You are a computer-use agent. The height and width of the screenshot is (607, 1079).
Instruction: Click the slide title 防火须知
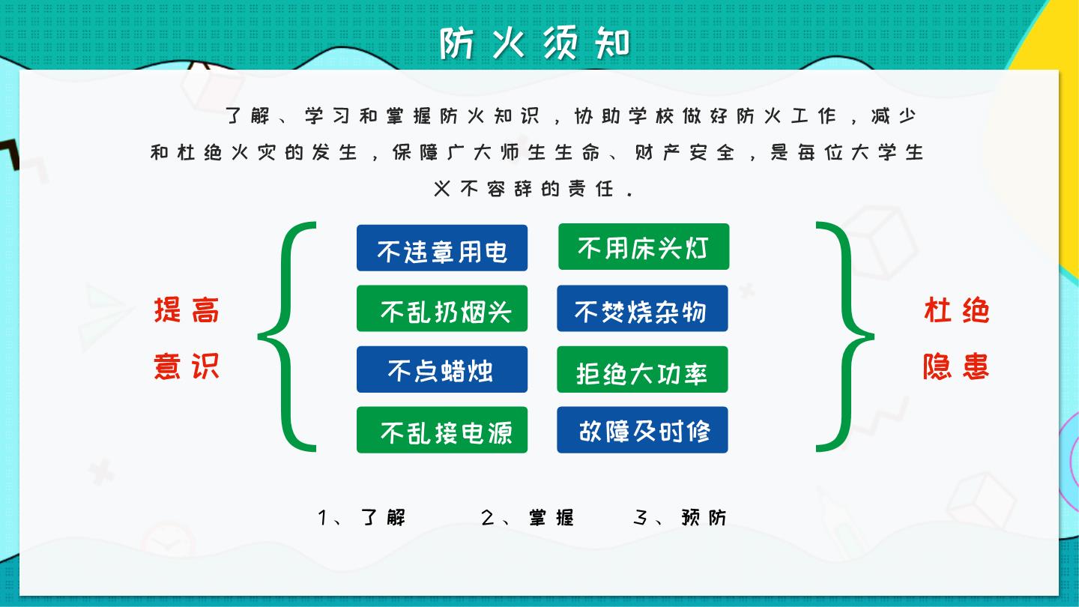tap(535, 43)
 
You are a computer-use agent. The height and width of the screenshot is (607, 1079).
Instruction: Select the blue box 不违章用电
tap(442, 247)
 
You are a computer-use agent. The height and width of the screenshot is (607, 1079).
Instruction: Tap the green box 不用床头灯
tap(644, 247)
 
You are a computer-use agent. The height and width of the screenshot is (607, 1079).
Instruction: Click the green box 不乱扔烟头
tap(442, 308)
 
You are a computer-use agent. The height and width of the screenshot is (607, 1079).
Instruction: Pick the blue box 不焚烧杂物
tap(642, 308)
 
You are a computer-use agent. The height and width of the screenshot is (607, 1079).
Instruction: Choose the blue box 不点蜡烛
tap(442, 369)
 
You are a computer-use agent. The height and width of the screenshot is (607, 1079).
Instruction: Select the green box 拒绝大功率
tap(642, 369)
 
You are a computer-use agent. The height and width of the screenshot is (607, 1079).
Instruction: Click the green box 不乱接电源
tap(442, 429)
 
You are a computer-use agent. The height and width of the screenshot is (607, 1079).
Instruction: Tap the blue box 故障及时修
tap(642, 429)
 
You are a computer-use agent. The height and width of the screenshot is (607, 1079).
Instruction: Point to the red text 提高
tap(187, 309)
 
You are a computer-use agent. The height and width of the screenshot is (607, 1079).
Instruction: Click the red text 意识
tap(187, 366)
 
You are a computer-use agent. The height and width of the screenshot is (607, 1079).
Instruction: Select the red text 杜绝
tap(956, 309)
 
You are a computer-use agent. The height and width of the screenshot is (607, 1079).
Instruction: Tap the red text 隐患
tap(956, 366)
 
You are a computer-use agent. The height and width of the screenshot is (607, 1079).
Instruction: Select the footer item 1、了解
tap(361, 517)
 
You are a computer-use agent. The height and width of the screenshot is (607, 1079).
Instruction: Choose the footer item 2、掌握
tap(527, 517)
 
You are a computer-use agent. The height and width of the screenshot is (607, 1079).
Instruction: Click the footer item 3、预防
tap(679, 517)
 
